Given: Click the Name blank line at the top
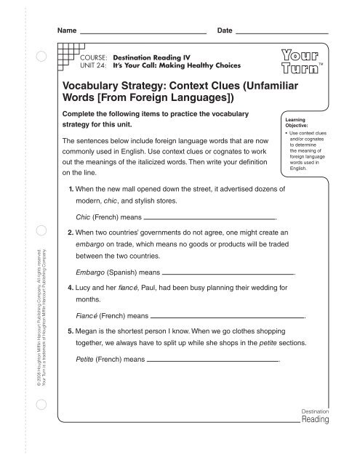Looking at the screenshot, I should click(143, 33).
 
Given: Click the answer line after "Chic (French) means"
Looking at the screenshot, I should click(210, 217).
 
